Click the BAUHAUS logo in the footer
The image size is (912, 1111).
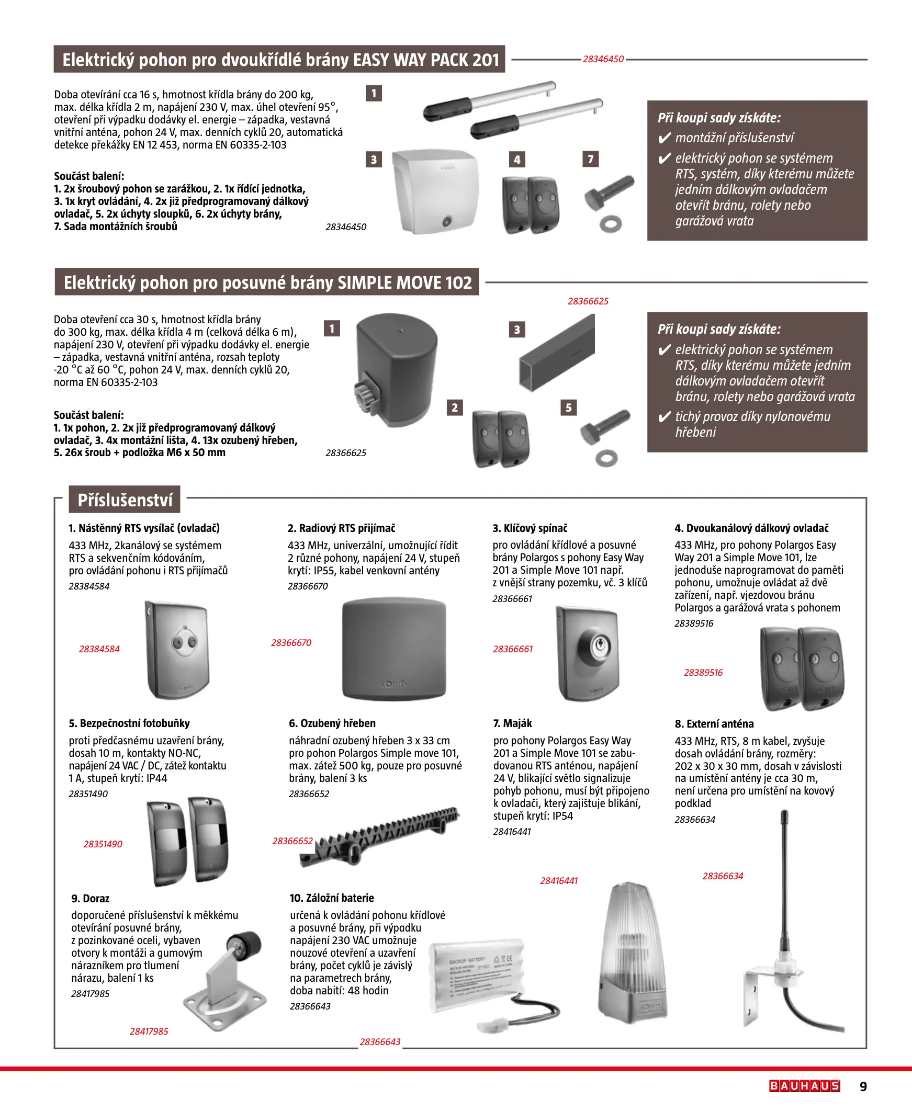click(x=804, y=1086)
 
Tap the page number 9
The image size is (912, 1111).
click(x=863, y=1086)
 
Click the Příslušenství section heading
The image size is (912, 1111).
click(x=125, y=500)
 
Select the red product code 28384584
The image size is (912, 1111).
click(x=99, y=649)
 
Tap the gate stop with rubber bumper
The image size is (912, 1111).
click(x=226, y=977)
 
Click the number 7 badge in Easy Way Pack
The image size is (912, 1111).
click(x=591, y=159)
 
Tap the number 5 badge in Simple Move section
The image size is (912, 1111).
click(x=568, y=407)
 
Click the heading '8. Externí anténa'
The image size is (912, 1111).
click(x=714, y=723)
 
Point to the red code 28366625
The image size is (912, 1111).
click(x=588, y=301)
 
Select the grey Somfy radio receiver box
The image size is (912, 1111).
click(x=394, y=649)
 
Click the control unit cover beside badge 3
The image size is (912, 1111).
click(x=436, y=191)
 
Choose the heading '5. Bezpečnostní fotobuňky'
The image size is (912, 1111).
click(x=129, y=723)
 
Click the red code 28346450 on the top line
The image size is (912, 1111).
click(x=603, y=59)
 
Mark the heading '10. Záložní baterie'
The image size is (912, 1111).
click(x=332, y=898)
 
